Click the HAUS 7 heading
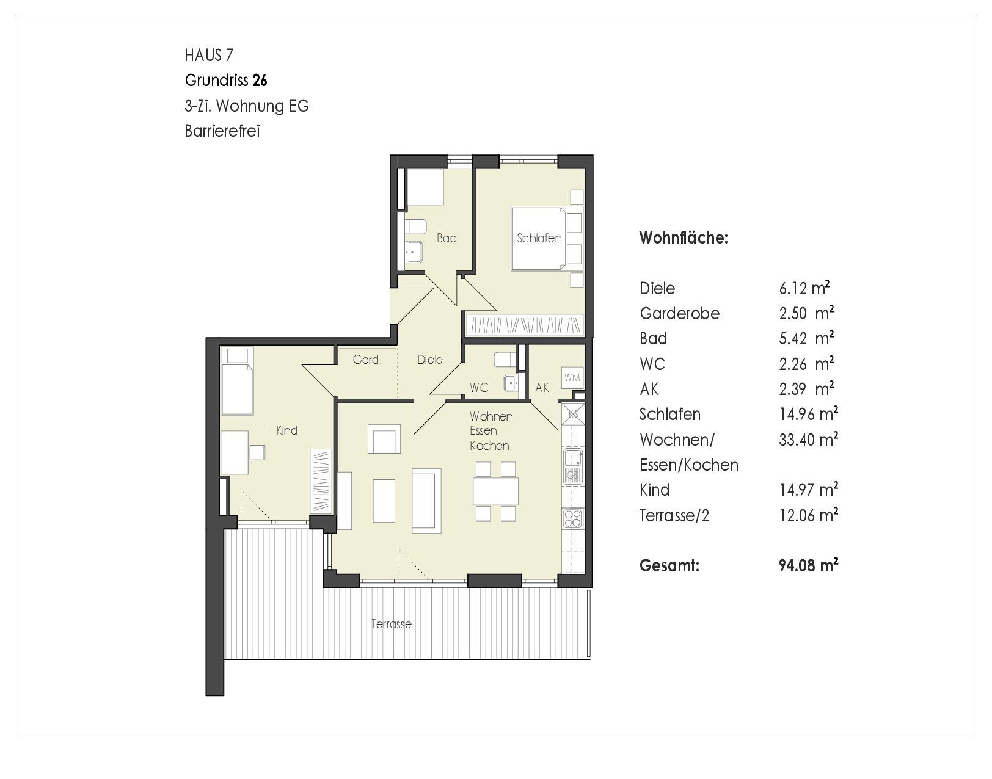coord(209,55)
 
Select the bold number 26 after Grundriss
coord(260,81)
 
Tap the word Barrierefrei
coord(222,131)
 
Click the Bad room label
coord(447,238)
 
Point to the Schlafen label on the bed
coord(539,238)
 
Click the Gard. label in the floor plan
coord(367,360)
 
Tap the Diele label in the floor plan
coord(430,360)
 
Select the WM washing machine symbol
coord(572,377)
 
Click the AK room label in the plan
coord(542,388)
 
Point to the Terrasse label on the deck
coord(391,624)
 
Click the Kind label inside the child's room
coord(286,430)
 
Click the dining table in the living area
coord(495,491)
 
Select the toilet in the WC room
coord(505,360)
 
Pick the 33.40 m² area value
coord(809,440)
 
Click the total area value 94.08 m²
coord(809,565)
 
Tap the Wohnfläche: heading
coord(684,238)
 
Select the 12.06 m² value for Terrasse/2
coord(809,515)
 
